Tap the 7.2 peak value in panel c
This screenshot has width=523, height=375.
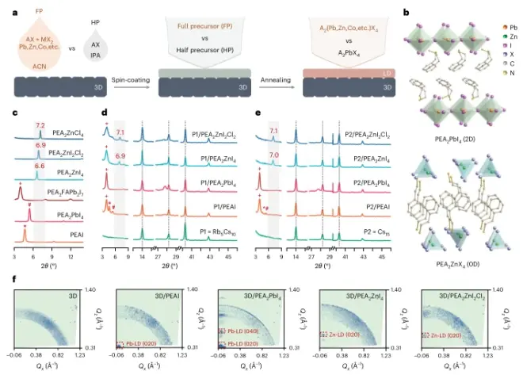click(40, 125)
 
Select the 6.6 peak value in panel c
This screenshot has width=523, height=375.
click(40, 166)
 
